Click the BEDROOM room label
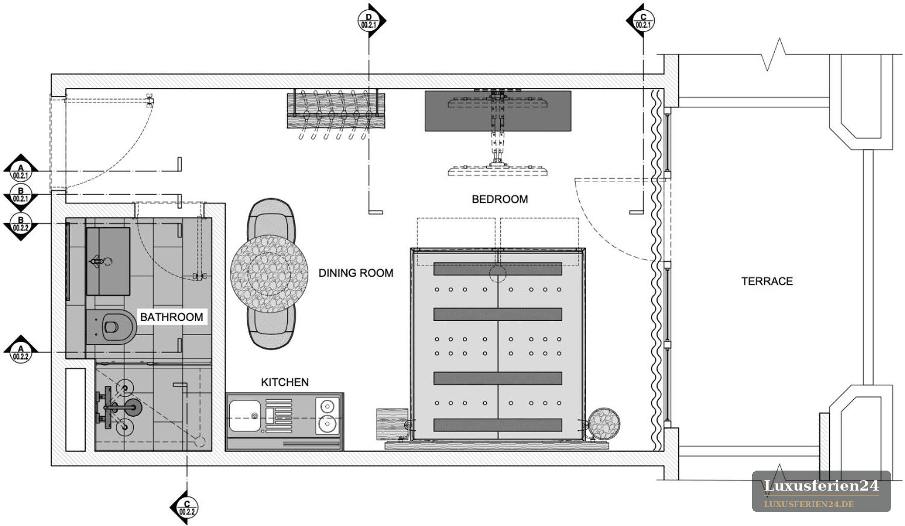(500, 199)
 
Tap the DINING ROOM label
(356, 273)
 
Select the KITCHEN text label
(285, 382)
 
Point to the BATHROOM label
(171, 317)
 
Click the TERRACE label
(767, 281)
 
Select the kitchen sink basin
(245, 416)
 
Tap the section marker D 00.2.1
(370, 21)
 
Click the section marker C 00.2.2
(185, 508)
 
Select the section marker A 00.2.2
(21, 352)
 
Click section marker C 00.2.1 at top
(641, 21)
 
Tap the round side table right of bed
(604, 424)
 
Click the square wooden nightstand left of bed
(392, 424)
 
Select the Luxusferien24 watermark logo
(821, 491)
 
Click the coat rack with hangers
(336, 114)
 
